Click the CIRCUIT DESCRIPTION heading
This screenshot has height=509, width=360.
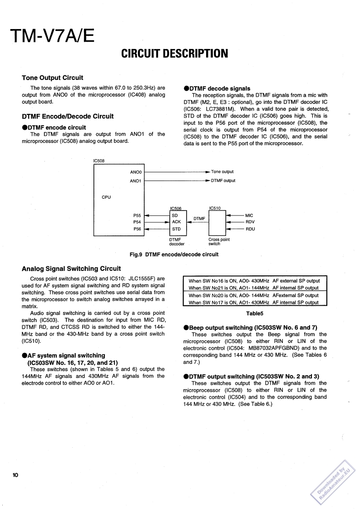click(x=175, y=54)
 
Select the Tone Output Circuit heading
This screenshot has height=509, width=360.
click(x=52, y=78)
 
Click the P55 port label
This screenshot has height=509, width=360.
click(x=137, y=215)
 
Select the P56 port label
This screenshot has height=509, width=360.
click(x=137, y=229)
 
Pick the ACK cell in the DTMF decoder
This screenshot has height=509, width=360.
click(x=176, y=222)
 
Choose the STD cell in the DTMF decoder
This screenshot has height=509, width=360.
click(x=176, y=229)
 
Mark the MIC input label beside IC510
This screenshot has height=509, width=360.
click(x=249, y=215)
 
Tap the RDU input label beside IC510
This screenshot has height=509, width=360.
click(x=250, y=229)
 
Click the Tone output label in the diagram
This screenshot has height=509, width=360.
click(x=222, y=172)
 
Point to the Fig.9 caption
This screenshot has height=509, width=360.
click(x=174, y=254)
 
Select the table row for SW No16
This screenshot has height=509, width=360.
click(x=254, y=281)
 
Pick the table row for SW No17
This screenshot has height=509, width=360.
click(x=254, y=303)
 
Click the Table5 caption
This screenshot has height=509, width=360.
click(x=255, y=313)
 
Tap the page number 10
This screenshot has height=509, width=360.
click(x=15, y=475)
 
